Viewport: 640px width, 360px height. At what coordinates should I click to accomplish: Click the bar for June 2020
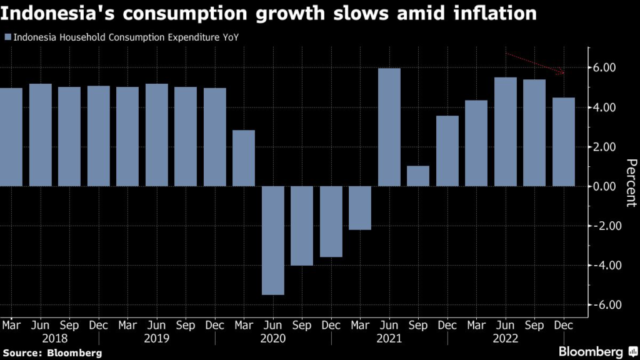pyautogui.click(x=273, y=241)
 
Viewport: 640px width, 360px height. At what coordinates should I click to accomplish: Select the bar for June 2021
pyautogui.click(x=389, y=127)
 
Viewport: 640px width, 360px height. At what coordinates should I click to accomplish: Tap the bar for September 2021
pyautogui.click(x=418, y=176)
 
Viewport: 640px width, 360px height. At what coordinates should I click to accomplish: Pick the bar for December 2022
pyautogui.click(x=564, y=142)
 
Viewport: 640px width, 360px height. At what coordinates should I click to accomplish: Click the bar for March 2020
pyautogui.click(x=244, y=158)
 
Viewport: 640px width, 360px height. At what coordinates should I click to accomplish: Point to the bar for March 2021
pyautogui.click(x=360, y=208)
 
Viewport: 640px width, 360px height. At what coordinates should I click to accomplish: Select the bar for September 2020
pyautogui.click(x=302, y=226)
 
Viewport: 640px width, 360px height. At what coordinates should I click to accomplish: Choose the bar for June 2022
pyautogui.click(x=506, y=132)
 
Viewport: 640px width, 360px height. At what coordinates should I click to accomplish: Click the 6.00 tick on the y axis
pyautogui.click(x=604, y=68)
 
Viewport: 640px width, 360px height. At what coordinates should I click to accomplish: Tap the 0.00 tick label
pyautogui.click(x=604, y=186)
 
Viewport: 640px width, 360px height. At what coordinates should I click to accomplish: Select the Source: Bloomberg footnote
pyautogui.click(x=51, y=353)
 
